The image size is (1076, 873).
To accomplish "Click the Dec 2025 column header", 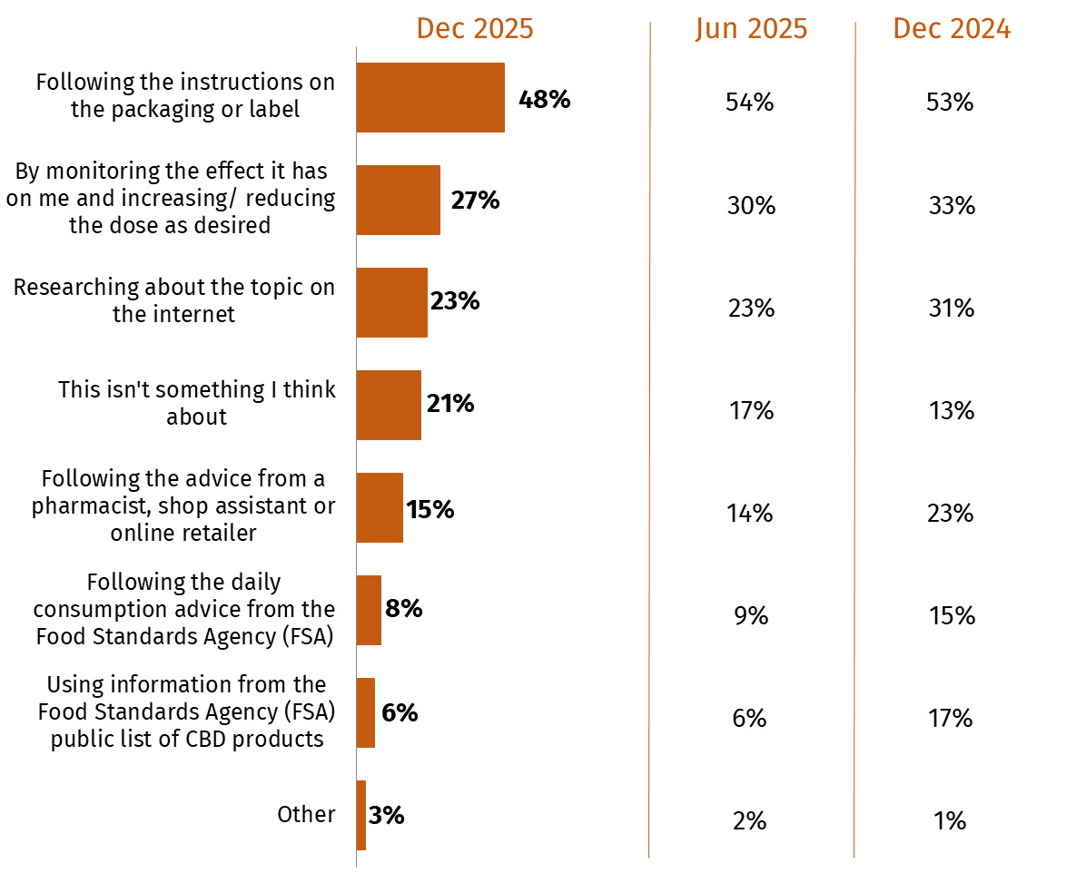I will point(475,29).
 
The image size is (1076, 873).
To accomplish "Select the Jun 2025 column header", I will point(751,29).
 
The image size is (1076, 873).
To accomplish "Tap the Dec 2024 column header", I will point(952,29).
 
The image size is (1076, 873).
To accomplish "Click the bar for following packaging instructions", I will point(429,98).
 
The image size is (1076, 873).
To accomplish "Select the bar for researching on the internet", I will point(391,302).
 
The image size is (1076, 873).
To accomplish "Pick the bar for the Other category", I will point(360,815).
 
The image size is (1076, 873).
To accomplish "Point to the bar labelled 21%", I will point(389,405).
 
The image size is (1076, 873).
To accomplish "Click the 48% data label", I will point(544,99).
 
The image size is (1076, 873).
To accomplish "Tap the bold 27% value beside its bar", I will point(475,201).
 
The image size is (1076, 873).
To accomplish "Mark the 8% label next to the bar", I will point(404,608).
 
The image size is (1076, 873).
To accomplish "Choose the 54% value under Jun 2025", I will point(749,103).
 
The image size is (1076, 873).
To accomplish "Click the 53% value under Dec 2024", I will point(950,103).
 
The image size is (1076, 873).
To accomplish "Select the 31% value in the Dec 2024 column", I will point(951,309).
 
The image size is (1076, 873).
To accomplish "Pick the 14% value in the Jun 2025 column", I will point(749,514).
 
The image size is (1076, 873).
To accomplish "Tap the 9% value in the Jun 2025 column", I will point(750,616).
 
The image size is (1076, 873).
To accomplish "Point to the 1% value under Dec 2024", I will point(950,821).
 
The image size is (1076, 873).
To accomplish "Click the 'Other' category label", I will point(306,814).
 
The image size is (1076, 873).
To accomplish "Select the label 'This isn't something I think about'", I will point(197,403).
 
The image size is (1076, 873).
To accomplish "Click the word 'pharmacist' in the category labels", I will point(80,505).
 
